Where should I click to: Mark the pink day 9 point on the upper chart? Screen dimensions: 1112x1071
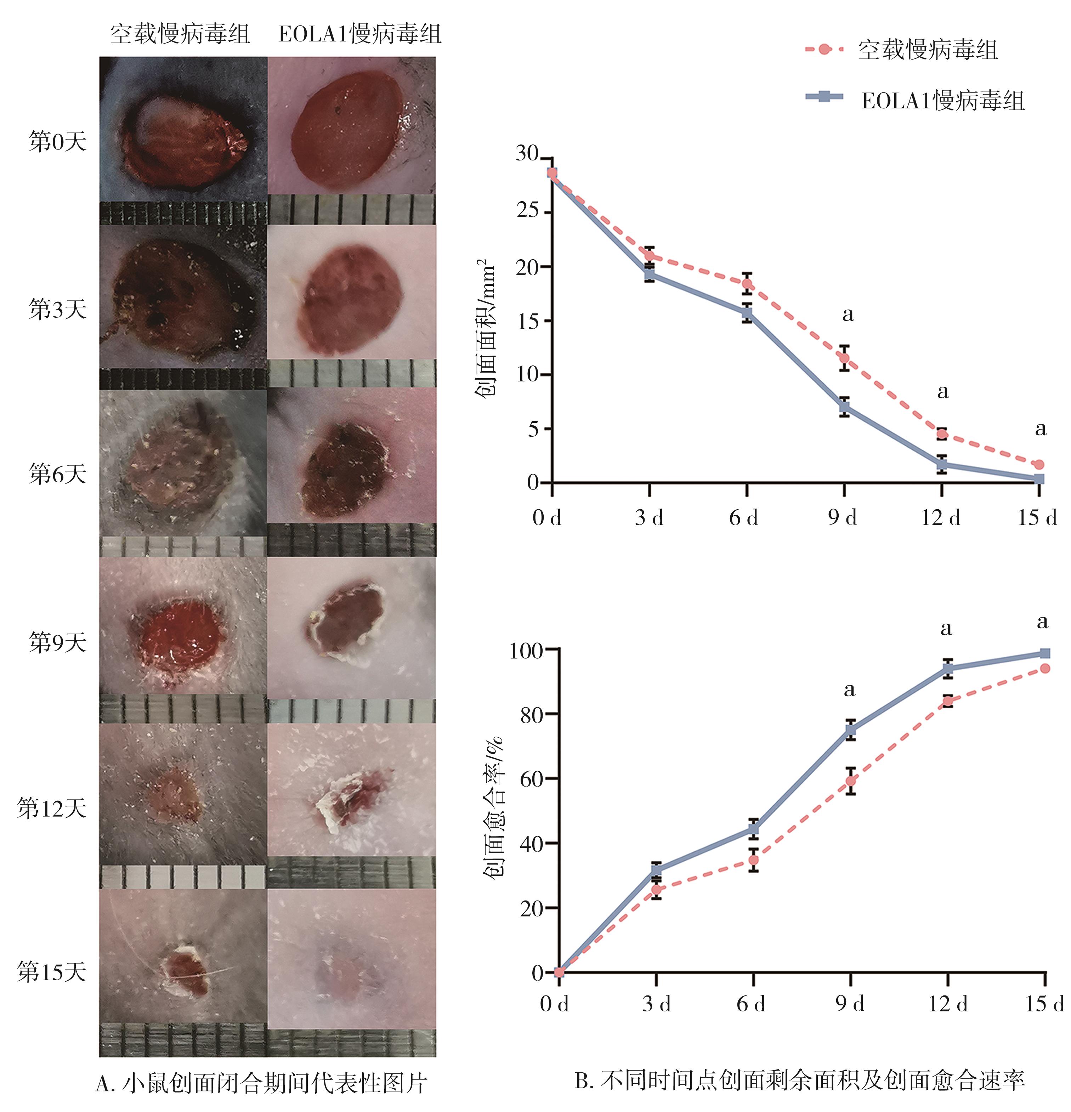click(x=844, y=358)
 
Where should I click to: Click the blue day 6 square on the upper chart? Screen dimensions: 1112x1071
click(x=747, y=313)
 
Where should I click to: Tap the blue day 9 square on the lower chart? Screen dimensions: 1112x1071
click(x=850, y=730)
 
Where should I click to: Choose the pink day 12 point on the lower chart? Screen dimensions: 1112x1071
click(x=947, y=701)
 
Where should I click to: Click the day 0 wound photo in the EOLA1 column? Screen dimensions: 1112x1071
click(x=352, y=126)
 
